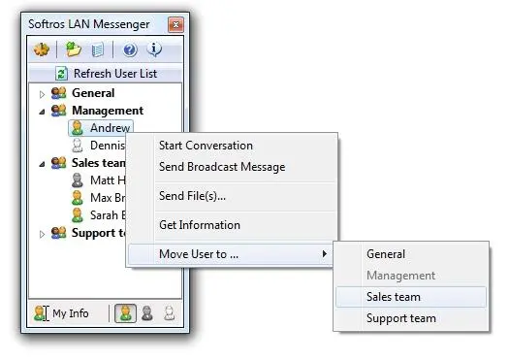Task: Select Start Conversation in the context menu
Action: (206, 146)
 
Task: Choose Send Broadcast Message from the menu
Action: (222, 167)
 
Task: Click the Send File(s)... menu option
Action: (192, 196)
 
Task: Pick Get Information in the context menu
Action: (200, 225)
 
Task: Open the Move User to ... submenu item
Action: (199, 254)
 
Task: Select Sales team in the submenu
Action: (394, 297)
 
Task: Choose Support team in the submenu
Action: (400, 318)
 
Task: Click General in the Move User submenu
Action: (386, 254)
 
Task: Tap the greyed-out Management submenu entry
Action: (400, 276)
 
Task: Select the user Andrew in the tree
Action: (109, 128)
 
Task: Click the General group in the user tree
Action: (93, 93)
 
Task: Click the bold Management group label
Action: (107, 111)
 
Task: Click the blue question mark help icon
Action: (130, 50)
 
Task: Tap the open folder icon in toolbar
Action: (74, 50)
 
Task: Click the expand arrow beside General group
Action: (42, 94)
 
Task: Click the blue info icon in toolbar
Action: (154, 50)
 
